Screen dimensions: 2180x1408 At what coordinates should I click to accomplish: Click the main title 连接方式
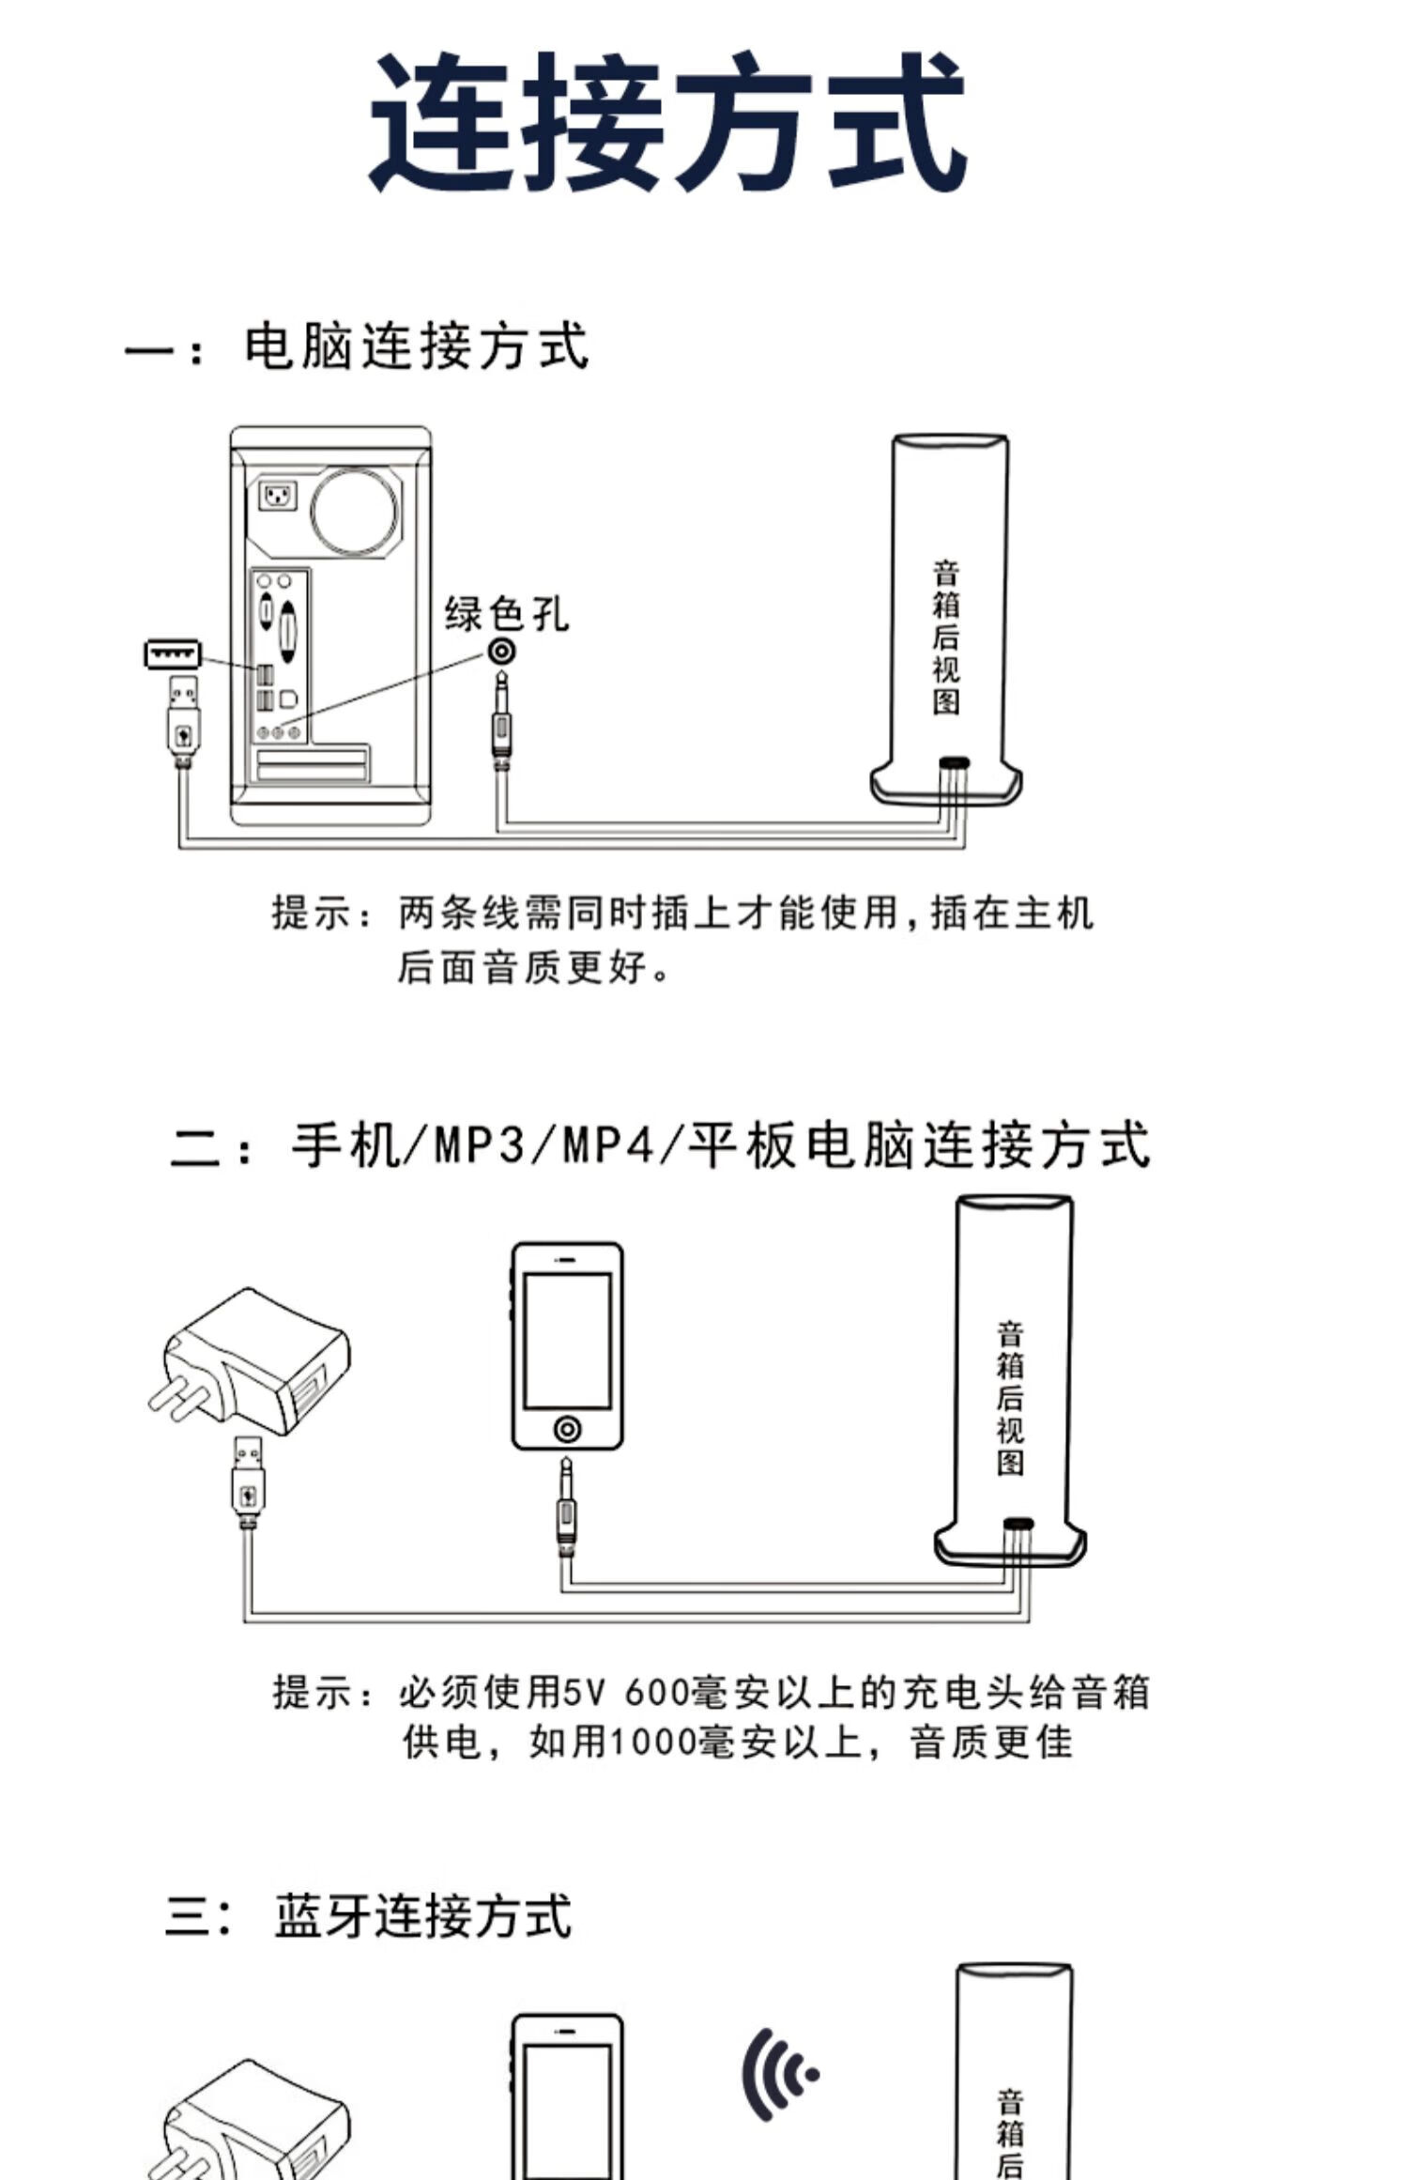click(667, 122)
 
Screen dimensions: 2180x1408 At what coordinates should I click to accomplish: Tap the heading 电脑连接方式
click(416, 346)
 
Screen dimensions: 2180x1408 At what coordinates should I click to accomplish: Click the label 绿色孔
click(506, 614)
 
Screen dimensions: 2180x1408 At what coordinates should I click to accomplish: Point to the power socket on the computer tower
click(278, 494)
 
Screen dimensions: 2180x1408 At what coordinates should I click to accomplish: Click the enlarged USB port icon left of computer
click(173, 653)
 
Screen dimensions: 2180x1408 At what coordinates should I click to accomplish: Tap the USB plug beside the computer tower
click(183, 718)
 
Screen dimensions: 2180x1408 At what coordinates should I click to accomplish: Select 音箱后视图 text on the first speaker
click(945, 637)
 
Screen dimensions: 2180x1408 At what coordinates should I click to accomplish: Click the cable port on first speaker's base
click(955, 762)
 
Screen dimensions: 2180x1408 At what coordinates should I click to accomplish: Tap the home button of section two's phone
click(567, 1429)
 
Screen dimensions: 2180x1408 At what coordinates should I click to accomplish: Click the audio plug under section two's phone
click(566, 1507)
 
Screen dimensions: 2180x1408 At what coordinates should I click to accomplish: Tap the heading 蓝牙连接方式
click(422, 1915)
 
